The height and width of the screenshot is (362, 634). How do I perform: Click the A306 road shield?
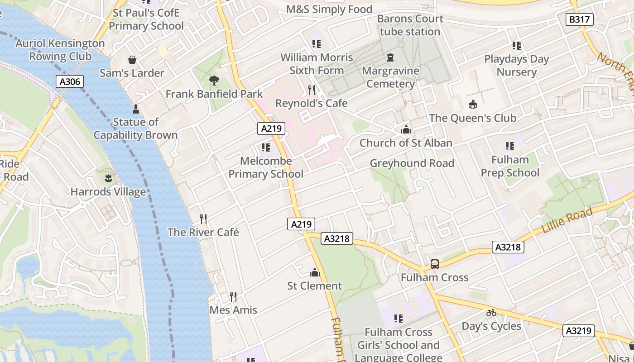tap(70, 81)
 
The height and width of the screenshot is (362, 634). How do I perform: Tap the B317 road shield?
tap(580, 19)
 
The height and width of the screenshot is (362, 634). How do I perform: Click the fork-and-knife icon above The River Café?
tap(203, 219)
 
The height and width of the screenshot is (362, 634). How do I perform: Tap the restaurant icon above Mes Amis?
tap(233, 297)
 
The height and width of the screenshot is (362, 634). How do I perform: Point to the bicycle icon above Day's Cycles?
tap(491, 313)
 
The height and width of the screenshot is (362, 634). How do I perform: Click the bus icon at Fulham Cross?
tap(434, 264)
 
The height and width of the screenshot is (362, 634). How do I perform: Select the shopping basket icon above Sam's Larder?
tap(132, 60)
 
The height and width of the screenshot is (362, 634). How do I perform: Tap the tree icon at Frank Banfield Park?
tap(214, 81)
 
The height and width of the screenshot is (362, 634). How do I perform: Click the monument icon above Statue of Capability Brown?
tap(135, 109)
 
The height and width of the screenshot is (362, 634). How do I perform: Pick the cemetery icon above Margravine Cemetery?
tap(390, 57)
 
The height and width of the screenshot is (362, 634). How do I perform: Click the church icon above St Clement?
tap(314, 272)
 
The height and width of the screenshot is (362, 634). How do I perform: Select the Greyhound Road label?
tap(412, 163)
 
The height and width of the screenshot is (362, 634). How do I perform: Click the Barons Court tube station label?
tap(410, 25)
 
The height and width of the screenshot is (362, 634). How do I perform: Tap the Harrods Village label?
tap(108, 191)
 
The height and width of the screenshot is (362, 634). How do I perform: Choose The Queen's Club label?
tap(472, 118)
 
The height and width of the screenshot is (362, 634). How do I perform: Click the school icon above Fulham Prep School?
tap(510, 146)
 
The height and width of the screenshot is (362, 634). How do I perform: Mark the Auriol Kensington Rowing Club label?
tap(60, 50)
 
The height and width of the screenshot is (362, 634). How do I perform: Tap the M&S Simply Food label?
tap(329, 10)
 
